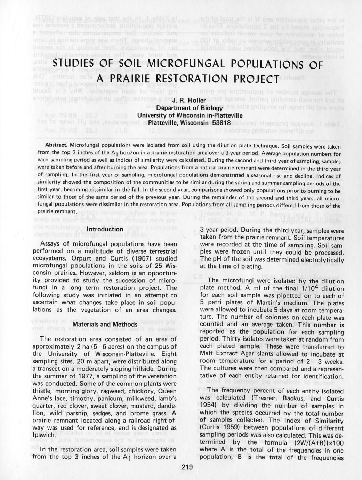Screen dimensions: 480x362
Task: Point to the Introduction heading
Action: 105,229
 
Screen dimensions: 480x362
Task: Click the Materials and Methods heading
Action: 105,324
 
